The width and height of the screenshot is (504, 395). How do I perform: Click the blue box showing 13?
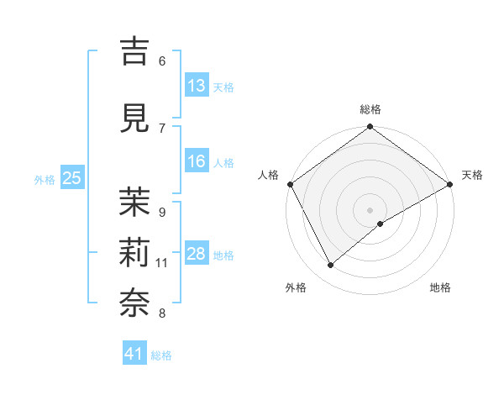(197, 86)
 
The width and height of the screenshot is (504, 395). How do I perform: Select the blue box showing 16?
(197, 161)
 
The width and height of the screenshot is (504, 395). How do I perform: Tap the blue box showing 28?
(197, 254)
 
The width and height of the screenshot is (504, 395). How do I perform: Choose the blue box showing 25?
(71, 178)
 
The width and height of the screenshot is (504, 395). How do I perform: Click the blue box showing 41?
(134, 355)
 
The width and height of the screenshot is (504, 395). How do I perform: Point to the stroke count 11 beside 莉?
(162, 263)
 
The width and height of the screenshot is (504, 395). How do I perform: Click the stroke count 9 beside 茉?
(161, 212)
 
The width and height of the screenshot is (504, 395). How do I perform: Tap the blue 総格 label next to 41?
(161, 355)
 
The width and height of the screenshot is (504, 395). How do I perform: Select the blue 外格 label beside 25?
(45, 179)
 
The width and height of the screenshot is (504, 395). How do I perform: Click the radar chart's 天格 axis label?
(472, 175)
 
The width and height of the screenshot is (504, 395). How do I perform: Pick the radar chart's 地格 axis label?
(440, 288)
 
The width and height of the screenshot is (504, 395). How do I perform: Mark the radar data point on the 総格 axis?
(370, 128)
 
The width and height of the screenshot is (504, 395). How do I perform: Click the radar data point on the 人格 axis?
(290, 184)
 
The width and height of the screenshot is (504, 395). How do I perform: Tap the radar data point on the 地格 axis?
(381, 224)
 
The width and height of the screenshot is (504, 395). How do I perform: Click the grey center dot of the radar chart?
(370, 209)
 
